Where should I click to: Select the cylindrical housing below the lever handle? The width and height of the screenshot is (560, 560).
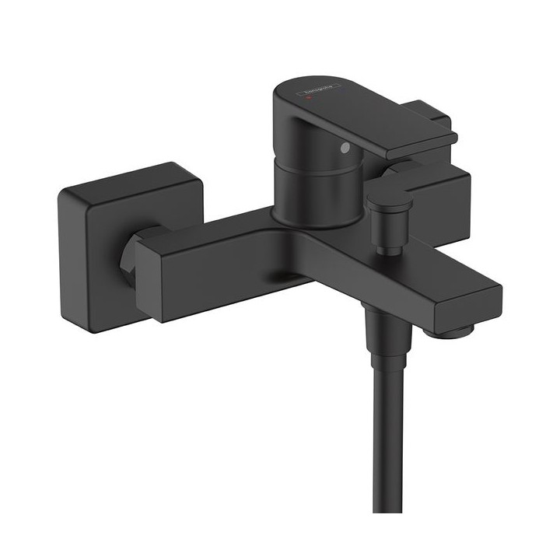(307, 187)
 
